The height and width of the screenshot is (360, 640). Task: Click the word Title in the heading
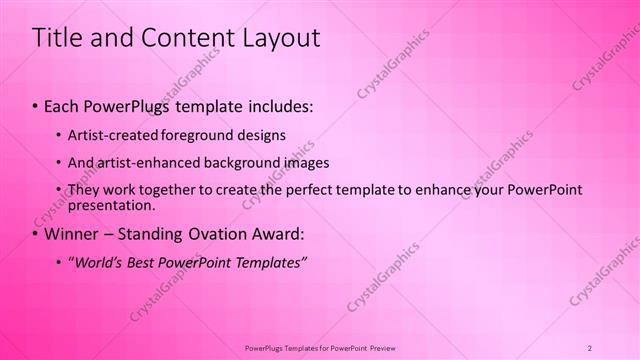click(x=57, y=38)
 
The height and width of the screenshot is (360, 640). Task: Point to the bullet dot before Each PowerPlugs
click(x=37, y=105)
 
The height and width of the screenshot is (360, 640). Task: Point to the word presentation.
click(x=110, y=205)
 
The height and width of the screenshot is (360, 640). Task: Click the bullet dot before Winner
click(x=37, y=235)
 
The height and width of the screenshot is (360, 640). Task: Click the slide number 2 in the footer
click(x=590, y=347)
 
